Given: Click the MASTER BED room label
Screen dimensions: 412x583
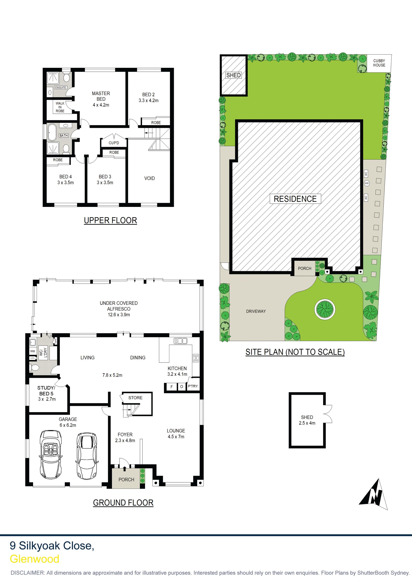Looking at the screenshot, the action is click(x=101, y=96).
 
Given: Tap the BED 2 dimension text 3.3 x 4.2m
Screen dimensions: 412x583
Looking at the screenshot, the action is click(x=148, y=100).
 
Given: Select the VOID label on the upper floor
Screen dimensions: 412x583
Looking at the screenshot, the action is click(x=150, y=178).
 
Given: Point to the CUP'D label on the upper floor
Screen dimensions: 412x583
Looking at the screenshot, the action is click(x=114, y=143).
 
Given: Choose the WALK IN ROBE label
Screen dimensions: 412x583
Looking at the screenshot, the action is click(x=60, y=107).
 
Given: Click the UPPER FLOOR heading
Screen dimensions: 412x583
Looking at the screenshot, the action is click(x=111, y=220).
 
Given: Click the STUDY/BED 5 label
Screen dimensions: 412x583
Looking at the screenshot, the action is click(x=46, y=390).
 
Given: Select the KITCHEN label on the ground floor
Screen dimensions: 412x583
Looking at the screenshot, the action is click(x=177, y=368).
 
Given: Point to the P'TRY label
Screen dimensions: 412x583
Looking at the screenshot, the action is click(x=193, y=386).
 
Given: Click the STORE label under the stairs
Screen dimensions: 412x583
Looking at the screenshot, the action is click(x=135, y=398).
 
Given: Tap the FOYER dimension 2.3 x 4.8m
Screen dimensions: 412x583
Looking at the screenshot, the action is click(x=125, y=440).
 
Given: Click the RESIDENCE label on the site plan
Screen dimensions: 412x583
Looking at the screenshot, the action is click(x=295, y=199).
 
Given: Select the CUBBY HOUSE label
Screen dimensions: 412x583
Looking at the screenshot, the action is click(x=379, y=63).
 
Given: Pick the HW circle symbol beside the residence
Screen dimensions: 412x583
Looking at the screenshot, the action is click(x=367, y=183).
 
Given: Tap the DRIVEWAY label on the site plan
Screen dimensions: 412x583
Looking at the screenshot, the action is click(x=256, y=311).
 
